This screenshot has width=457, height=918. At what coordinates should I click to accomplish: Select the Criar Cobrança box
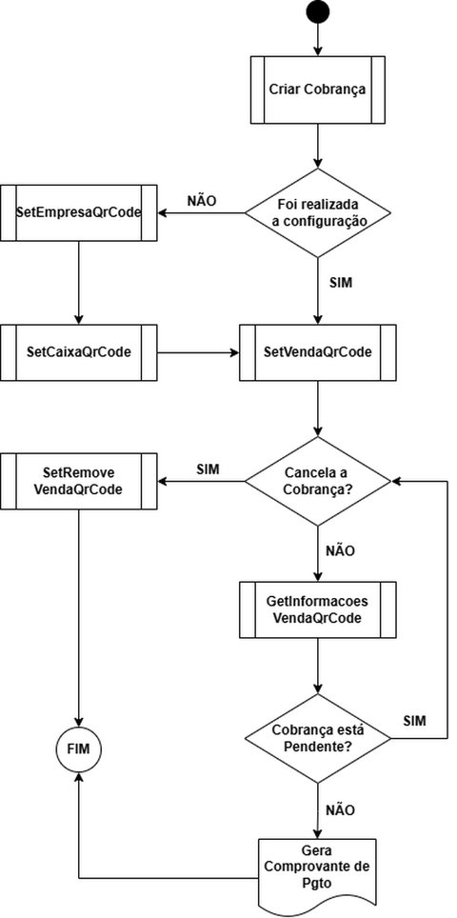[318, 92]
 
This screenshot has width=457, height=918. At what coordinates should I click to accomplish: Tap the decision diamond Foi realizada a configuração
[318, 212]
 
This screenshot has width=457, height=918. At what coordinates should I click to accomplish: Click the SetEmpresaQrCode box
[78, 212]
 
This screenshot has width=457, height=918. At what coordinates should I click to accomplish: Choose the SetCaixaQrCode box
[78, 352]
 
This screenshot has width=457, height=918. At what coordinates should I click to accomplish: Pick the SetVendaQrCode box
[318, 352]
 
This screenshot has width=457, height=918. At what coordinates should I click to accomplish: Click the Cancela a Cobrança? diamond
[318, 483]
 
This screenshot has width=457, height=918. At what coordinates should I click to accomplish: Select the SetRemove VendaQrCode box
[78, 483]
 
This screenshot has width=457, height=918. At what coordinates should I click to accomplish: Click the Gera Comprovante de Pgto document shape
[318, 869]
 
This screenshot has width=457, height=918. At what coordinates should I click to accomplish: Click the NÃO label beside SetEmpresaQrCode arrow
[201, 201]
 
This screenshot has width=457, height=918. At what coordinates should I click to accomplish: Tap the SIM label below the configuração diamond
[341, 283]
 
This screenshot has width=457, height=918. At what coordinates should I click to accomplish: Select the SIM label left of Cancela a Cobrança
[209, 470]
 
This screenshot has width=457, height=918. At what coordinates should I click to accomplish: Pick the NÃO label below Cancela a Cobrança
[340, 549]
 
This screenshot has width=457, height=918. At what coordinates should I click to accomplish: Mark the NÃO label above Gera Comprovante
[340, 810]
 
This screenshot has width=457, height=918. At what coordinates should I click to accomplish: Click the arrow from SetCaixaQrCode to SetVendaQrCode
[197, 352]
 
